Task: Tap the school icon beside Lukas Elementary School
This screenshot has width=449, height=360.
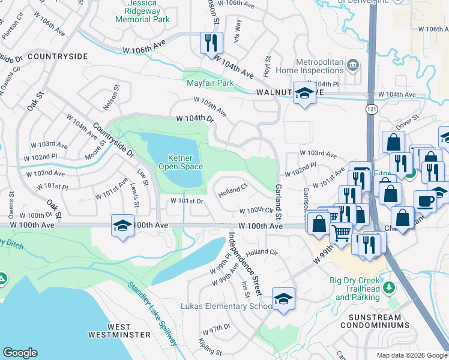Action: coord(283,298)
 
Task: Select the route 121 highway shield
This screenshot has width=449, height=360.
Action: coord(372,109)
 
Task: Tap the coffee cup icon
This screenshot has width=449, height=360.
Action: coord(424,201)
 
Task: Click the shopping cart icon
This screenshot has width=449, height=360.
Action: coord(342,232)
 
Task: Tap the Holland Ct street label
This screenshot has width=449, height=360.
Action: coord(233,191)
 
